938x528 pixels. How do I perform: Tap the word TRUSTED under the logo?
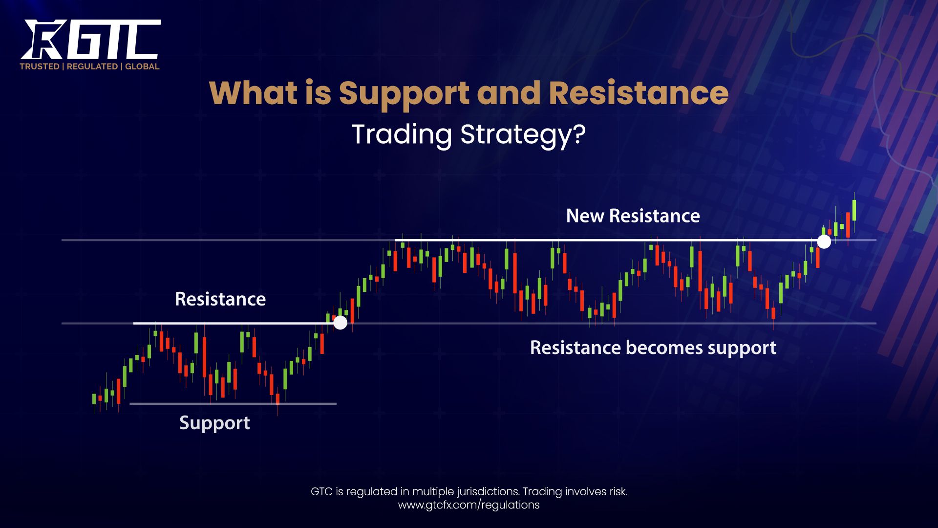point(40,66)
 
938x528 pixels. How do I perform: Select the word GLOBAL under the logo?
point(142,66)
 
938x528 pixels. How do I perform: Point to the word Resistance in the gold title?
point(639,92)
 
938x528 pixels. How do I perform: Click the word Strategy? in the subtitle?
point(523,135)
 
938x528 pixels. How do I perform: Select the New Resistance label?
point(633,216)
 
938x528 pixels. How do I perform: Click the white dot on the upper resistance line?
point(824,242)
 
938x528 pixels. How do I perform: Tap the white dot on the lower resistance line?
point(340,323)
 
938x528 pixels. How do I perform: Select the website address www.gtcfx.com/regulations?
point(469,505)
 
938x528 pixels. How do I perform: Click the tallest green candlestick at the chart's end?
point(854,210)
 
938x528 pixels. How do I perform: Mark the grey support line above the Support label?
point(233,404)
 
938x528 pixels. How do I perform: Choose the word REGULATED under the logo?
point(92,66)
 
